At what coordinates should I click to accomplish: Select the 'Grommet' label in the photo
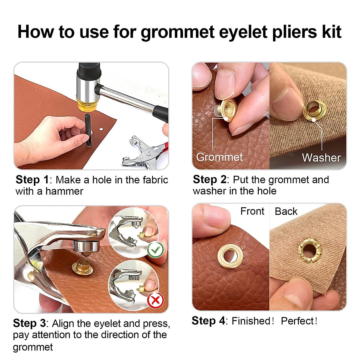point(219,157)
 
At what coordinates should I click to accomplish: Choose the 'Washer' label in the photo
point(321,158)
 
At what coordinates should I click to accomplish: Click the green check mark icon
point(155,250)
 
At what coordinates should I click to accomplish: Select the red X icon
point(155,300)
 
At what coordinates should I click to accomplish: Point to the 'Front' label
point(252,211)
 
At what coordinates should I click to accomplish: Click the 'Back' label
point(286,211)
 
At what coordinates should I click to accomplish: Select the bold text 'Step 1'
point(32,180)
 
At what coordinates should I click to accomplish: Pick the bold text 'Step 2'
point(209,179)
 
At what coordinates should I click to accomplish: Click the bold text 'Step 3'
point(29,323)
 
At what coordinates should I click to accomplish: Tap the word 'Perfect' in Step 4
point(297,321)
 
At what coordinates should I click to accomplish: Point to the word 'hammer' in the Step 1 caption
point(64,191)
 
